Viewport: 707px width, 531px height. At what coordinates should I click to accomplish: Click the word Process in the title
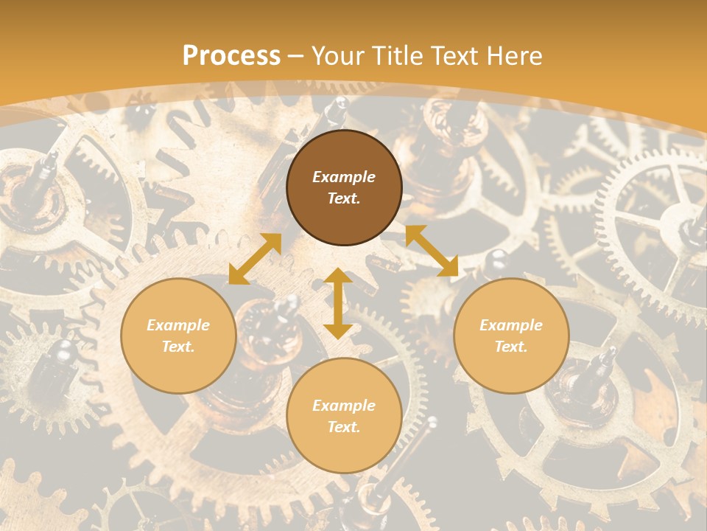click(231, 56)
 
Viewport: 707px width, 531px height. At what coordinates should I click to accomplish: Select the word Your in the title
click(339, 56)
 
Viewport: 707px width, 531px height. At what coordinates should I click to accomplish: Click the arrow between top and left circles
click(255, 259)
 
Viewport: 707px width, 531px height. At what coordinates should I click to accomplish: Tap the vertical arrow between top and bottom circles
click(338, 303)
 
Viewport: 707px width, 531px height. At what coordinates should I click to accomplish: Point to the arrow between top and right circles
click(432, 251)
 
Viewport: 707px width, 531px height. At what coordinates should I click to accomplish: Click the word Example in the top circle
click(344, 177)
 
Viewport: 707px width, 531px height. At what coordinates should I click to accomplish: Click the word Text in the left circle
click(178, 347)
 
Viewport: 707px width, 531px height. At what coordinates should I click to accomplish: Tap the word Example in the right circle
click(511, 325)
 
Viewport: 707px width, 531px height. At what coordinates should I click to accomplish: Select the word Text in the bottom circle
click(344, 427)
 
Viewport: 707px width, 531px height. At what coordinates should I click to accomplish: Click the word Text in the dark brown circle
click(344, 198)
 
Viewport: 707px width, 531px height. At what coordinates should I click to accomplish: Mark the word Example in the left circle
click(178, 325)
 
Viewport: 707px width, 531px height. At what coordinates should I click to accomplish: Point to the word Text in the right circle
click(511, 347)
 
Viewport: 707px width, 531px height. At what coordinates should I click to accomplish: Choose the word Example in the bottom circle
click(344, 406)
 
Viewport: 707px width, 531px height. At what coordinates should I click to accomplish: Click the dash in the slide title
click(296, 56)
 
